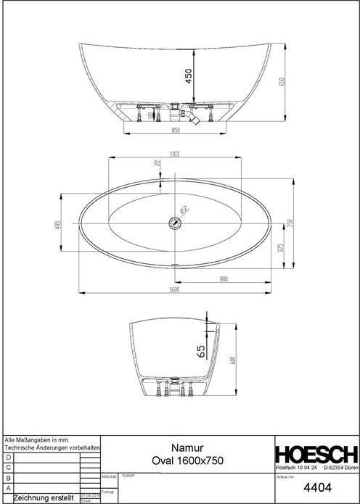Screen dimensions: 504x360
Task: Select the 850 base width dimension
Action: click(x=175, y=131)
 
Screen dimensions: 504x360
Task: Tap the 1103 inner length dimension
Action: click(x=175, y=154)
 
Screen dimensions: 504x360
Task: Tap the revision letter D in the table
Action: click(x=8, y=458)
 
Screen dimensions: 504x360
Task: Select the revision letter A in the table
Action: click(x=8, y=487)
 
